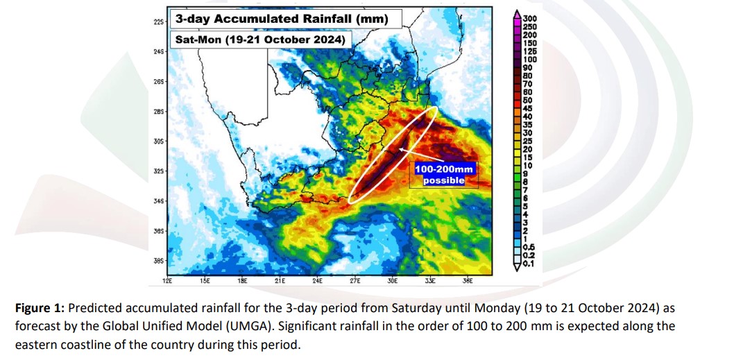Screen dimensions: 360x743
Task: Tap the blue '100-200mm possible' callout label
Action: [x=444, y=174]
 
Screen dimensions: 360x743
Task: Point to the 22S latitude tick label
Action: [x=157, y=22]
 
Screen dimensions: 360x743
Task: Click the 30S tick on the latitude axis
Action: [x=157, y=142]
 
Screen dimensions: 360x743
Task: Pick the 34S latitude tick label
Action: [x=157, y=201]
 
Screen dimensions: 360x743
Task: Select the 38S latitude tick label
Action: [x=157, y=261]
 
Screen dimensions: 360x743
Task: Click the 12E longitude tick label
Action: [x=166, y=281]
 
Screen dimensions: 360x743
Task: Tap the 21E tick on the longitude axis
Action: [x=280, y=281]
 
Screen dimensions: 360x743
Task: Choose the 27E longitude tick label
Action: [x=355, y=281]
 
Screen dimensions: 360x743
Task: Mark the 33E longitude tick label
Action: [x=430, y=281]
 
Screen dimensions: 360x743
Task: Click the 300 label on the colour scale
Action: [x=530, y=19]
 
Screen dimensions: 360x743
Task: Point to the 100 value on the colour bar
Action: [x=530, y=59]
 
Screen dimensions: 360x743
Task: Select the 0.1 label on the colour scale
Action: [x=529, y=262]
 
